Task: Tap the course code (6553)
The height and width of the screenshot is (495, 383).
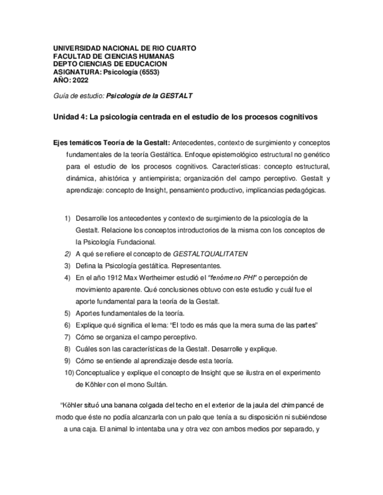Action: pos(148,72)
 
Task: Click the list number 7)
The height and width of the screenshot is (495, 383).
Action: pos(68,337)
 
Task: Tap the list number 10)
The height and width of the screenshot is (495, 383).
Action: pos(68,372)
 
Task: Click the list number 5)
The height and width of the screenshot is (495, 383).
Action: pos(68,313)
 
